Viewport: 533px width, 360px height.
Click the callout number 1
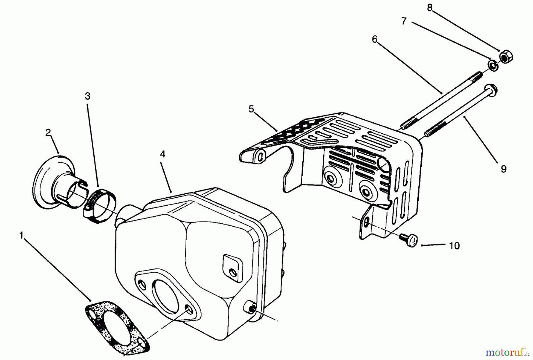[x=21, y=236]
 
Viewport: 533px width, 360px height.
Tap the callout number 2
[x=48, y=132]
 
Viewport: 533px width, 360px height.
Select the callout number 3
[x=87, y=96]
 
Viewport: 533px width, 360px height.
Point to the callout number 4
[x=163, y=154]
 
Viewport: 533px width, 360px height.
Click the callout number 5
[x=251, y=109]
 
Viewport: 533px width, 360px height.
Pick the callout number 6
[x=375, y=39]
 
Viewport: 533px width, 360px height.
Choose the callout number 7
[x=404, y=21]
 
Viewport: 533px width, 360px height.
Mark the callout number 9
[x=503, y=169]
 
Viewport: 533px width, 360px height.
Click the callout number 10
[x=454, y=246]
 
